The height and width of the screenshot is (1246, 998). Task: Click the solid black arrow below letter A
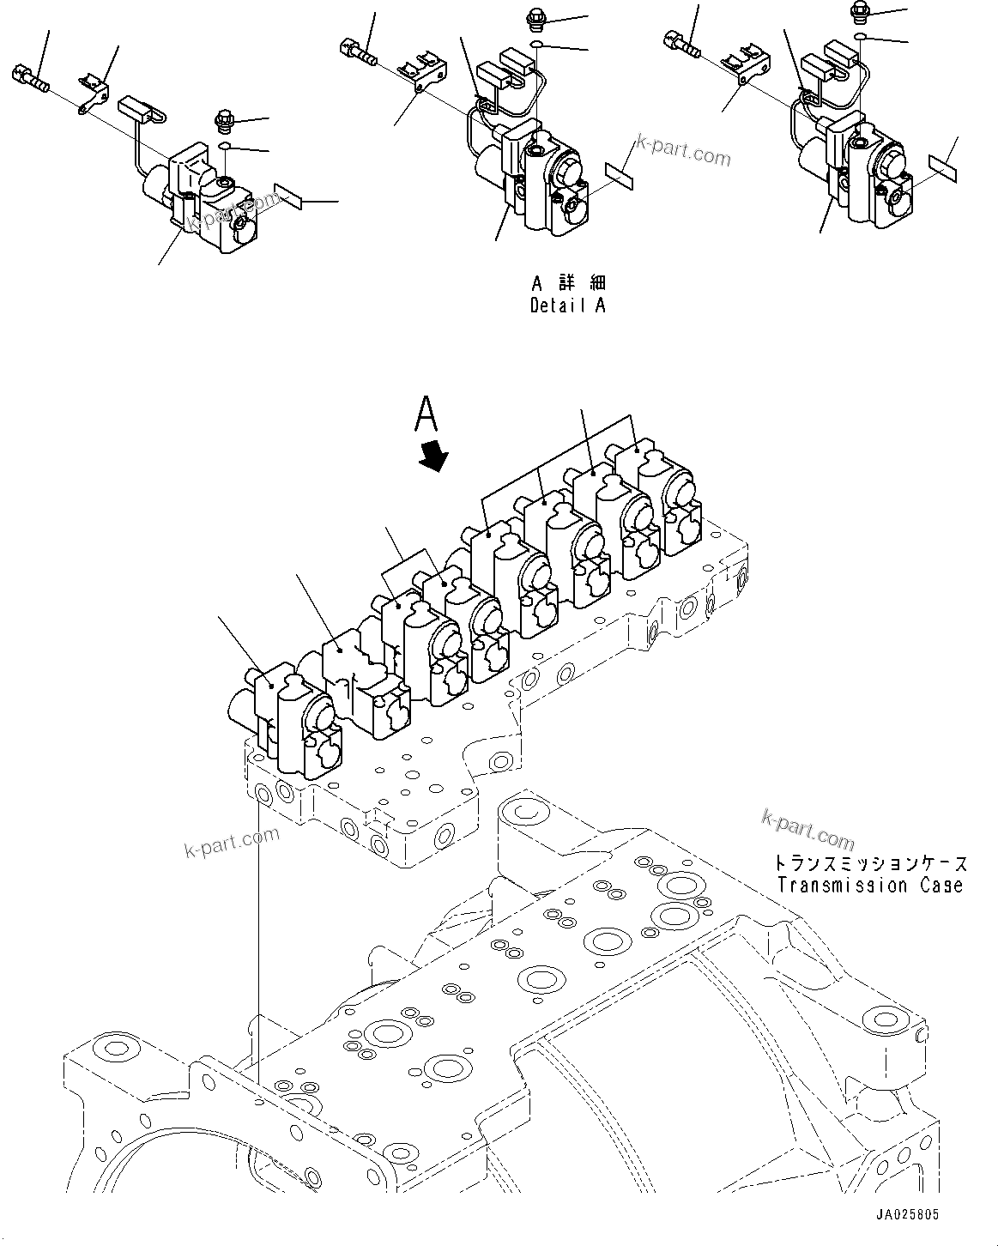coord(436,456)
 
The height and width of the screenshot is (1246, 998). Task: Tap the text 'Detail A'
coord(567,305)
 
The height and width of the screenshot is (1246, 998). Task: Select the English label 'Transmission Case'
coord(869,886)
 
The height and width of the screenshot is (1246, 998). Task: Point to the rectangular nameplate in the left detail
coord(289,197)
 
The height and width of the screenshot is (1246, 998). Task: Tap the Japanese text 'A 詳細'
coord(567,284)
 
